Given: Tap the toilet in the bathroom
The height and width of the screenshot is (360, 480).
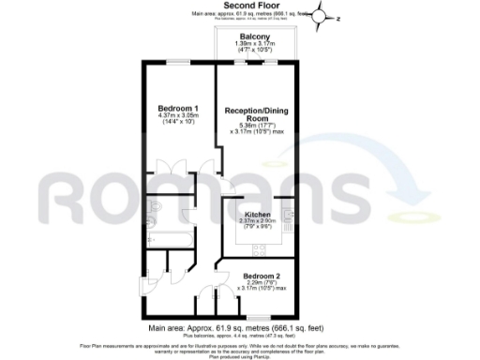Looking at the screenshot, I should (156, 209).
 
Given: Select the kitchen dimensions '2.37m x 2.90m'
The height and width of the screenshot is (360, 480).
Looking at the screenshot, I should (253, 221).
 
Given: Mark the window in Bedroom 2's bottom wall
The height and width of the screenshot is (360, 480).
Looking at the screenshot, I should (254, 318).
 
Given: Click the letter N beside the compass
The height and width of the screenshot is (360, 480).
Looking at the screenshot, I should (340, 17).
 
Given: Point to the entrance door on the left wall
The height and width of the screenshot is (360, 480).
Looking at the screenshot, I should (145, 284).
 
